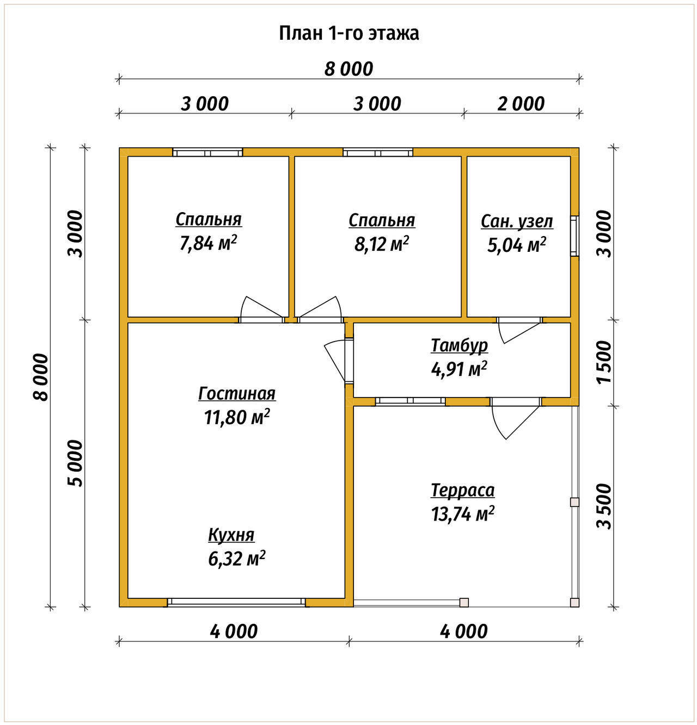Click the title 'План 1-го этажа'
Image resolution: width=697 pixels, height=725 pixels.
pyautogui.click(x=348, y=34)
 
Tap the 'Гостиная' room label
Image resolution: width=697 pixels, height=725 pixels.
pyautogui.click(x=237, y=394)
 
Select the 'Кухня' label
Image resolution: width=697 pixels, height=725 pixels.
pyautogui.click(x=231, y=535)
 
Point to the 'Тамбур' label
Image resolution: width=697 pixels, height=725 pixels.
pyautogui.click(x=459, y=345)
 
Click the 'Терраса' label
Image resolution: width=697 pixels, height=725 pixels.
pyautogui.click(x=462, y=490)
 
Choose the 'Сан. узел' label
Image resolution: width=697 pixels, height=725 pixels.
pyautogui.click(x=517, y=222)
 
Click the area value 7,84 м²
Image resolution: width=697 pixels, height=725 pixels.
pyautogui.click(x=208, y=243)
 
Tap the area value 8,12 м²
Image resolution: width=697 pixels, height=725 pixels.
pyautogui.click(x=381, y=244)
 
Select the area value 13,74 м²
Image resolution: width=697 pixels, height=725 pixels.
pyautogui.click(x=462, y=514)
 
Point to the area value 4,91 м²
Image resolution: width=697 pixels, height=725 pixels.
pyautogui.click(x=458, y=369)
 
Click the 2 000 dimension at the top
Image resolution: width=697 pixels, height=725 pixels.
pyautogui.click(x=521, y=104)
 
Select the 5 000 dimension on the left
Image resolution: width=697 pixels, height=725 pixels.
pyautogui.click(x=75, y=463)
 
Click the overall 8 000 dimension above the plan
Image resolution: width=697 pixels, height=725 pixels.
pyautogui.click(x=348, y=69)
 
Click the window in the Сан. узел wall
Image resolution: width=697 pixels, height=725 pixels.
pyautogui.click(x=574, y=236)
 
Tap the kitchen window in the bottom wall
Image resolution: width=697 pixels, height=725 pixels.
pyautogui.click(x=236, y=603)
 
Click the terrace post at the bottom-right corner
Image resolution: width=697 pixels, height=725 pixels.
pyautogui.click(x=574, y=603)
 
